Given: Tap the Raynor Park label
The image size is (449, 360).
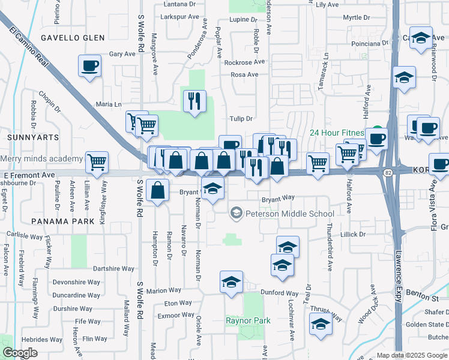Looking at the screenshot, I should click(248, 320).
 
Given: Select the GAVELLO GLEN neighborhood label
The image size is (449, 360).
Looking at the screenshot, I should click(73, 38).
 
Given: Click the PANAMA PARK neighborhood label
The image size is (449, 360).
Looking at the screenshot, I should click(63, 221).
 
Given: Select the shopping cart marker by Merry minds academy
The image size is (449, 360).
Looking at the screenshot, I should click(97, 162).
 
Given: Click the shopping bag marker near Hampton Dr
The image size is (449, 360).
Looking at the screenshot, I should click(157, 191).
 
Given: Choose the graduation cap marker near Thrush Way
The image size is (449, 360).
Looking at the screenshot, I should click(321, 325).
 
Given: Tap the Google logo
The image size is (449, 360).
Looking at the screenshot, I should click(20, 353).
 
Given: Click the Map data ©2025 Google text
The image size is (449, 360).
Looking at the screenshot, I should click(411, 355).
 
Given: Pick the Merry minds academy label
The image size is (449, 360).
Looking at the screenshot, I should click(42, 159).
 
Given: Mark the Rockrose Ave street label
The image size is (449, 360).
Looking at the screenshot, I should click(244, 62).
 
